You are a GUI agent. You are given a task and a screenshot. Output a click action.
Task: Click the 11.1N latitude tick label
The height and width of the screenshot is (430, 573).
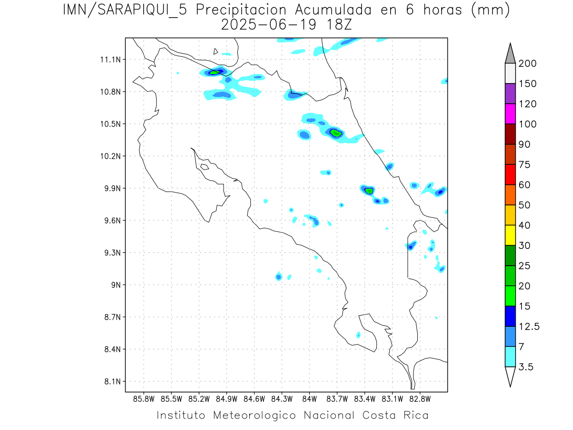coord(109,60)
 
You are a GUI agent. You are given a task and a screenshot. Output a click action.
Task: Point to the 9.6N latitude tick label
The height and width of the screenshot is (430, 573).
coord(109,221)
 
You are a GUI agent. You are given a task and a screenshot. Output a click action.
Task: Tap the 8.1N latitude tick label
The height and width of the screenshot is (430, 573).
coord(109,382)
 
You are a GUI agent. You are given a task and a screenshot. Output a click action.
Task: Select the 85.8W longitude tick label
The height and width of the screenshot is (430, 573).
coord(144,398)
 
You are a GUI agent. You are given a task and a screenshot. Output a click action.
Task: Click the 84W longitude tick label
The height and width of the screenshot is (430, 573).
coord(309,398)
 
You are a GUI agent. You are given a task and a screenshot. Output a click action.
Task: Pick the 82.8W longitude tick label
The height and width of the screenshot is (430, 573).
coord(420,398)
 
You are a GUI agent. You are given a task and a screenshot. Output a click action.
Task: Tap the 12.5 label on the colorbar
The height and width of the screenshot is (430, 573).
coord(529,327)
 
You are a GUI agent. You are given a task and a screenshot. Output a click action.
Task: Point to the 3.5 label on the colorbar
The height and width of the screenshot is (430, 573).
coord(526,367)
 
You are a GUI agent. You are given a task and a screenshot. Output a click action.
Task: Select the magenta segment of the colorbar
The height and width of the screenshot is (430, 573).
coord(510,114)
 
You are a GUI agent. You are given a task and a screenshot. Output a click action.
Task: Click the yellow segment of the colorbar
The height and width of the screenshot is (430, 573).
coord(510,235)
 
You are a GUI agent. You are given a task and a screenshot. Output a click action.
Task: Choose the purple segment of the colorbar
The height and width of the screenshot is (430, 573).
coord(510,94)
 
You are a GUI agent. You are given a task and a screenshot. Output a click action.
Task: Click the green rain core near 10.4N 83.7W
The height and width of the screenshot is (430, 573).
coord(336,133)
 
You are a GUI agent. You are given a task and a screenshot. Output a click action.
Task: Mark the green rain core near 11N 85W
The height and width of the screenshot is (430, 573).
coord(214,73)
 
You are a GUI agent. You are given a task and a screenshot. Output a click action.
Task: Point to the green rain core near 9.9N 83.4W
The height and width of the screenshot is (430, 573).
coord(369,191)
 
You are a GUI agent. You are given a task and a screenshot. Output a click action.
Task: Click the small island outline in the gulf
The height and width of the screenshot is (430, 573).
coord(204,167)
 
